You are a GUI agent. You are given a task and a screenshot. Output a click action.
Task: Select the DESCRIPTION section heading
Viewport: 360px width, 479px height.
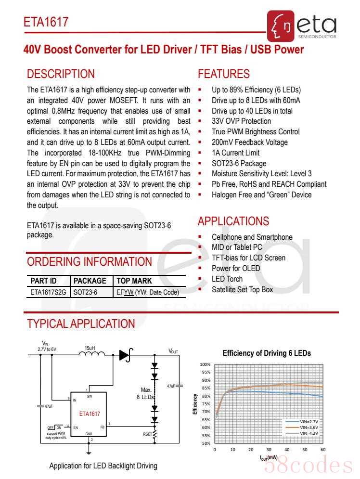pyautogui.click(x=61, y=74)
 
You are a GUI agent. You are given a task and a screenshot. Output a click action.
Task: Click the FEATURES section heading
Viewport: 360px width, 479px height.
pyautogui.click(x=224, y=74)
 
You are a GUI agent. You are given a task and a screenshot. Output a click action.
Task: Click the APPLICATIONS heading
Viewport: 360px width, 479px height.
pyautogui.click(x=233, y=221)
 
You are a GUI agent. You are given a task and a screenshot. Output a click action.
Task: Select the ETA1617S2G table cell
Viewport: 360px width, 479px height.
pyautogui.click(x=48, y=292)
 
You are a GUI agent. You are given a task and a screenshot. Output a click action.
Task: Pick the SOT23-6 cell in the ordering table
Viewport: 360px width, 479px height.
pyautogui.click(x=85, y=292)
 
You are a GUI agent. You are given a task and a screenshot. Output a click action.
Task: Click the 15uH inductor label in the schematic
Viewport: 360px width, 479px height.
pyautogui.click(x=90, y=348)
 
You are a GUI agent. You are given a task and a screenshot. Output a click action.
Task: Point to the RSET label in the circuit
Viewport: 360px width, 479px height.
pyautogui.click(x=147, y=433)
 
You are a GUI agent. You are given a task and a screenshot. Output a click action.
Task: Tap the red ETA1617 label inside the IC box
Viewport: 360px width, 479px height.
pyautogui.click(x=90, y=414)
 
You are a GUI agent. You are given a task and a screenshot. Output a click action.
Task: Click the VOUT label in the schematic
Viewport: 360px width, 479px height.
pyautogui.click(x=173, y=351)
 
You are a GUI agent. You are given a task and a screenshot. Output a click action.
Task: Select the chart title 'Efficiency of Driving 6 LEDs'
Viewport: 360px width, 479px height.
pyautogui.click(x=267, y=353)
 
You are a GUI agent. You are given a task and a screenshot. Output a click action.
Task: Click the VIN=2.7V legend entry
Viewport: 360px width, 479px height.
pyautogui.click(x=309, y=421)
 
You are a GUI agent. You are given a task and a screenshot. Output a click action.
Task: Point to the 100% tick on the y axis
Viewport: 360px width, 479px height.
pyautogui.click(x=205, y=364)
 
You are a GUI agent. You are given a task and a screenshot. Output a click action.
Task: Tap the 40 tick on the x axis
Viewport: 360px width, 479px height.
pyautogui.click(x=287, y=450)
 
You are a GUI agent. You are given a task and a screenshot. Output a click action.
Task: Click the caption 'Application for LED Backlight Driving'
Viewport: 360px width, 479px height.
pyautogui.click(x=103, y=466)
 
